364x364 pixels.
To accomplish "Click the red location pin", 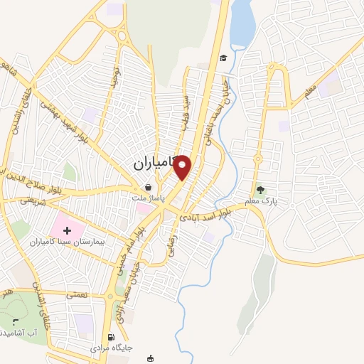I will click(x=183, y=167).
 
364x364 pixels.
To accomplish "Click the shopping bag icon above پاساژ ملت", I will click(x=147, y=186).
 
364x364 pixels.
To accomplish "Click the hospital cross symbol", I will click(x=68, y=230).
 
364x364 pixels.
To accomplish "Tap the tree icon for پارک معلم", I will click(x=260, y=190).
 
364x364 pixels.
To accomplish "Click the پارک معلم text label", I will click(x=260, y=202).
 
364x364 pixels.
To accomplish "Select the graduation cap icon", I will click(x=223, y=58).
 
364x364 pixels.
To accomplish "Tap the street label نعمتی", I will click(x=76, y=293).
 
